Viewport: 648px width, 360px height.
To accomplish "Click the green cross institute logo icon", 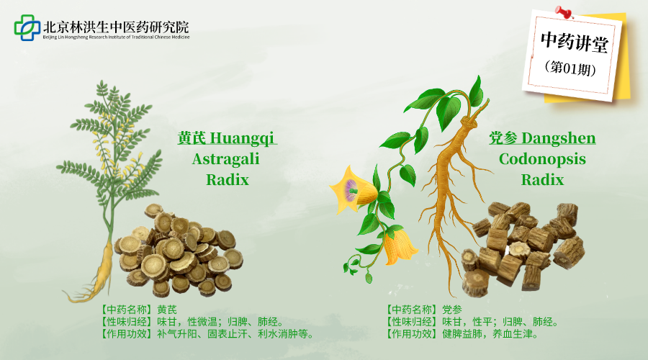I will tap(27, 27).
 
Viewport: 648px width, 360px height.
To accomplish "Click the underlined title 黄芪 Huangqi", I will tap(227, 138).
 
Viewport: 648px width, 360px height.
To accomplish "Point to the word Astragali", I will tap(225, 159).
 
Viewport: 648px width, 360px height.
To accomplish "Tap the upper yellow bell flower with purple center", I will tap(354, 189).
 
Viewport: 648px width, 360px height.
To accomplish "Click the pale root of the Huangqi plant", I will tap(101, 266).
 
